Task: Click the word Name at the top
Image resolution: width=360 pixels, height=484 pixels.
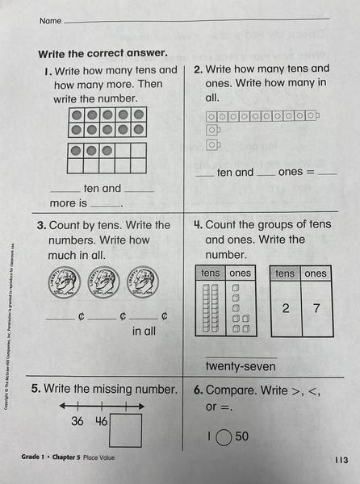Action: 49,20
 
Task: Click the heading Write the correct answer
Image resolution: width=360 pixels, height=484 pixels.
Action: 103,53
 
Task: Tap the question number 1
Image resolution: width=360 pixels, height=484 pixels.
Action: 47,71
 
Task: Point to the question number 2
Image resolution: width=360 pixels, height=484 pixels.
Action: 199,69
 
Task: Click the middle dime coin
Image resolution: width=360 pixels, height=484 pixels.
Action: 103,282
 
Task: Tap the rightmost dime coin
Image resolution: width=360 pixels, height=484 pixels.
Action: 142,282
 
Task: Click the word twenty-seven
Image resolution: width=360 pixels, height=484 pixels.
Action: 241,367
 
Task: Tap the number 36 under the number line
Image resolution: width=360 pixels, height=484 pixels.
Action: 77,421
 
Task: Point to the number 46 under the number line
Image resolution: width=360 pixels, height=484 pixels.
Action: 101,421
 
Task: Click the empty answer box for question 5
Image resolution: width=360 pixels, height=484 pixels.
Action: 125,429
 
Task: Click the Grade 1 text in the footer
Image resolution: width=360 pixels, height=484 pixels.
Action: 37,458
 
